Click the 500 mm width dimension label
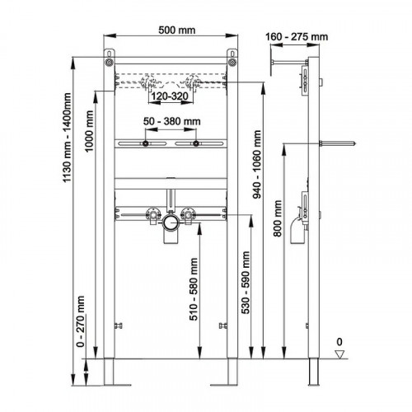point(177,30)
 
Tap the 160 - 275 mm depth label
point(297,37)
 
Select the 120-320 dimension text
point(170,96)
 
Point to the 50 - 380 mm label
point(172,121)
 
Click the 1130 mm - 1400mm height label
point(67,138)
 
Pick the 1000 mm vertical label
point(89,131)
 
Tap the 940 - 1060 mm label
point(257,164)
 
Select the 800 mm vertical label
point(278,218)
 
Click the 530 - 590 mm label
point(246,283)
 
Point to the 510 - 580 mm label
point(194,289)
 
